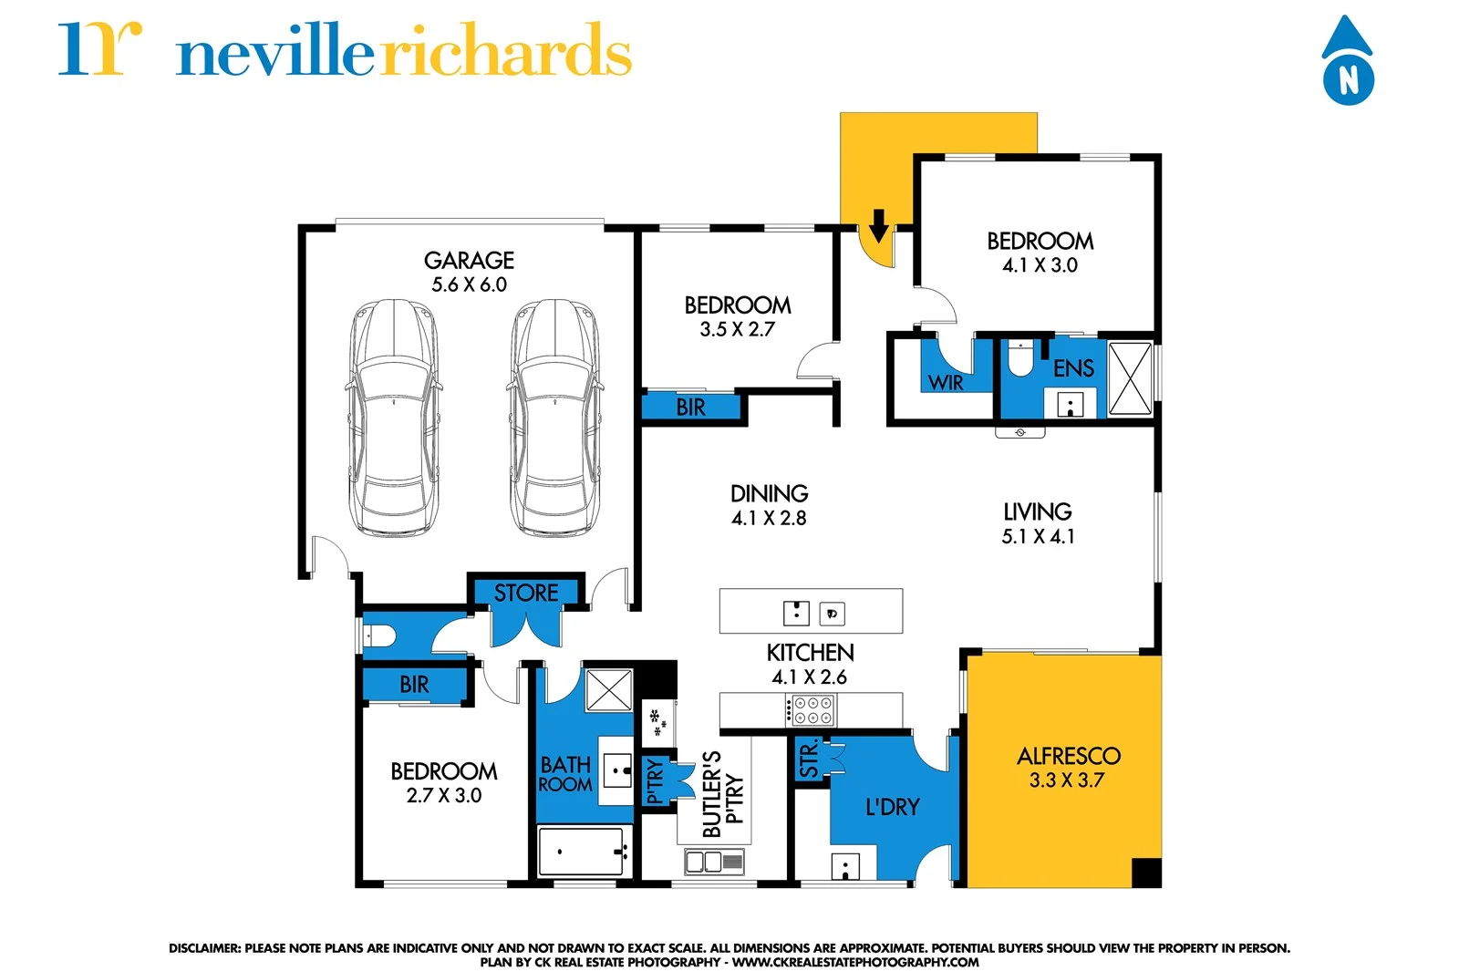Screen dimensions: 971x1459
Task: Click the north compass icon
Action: [x=1348, y=62]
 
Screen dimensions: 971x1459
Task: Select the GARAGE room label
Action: [x=469, y=261]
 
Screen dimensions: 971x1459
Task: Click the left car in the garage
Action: [x=393, y=417]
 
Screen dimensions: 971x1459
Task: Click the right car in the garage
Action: [x=555, y=417]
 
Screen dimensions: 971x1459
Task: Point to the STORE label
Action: [x=526, y=594]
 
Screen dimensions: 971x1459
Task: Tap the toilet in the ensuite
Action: [x=1019, y=359]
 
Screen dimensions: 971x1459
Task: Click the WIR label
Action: [x=946, y=383]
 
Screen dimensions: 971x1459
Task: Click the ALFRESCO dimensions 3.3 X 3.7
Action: [x=1066, y=780]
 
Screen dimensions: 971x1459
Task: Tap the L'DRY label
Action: [x=892, y=807]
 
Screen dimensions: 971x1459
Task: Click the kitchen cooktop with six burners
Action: [x=812, y=710]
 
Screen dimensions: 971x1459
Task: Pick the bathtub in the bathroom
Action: [x=580, y=852]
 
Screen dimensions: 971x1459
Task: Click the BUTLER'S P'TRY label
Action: [x=723, y=793]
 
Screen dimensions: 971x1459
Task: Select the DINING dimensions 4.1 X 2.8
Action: [x=769, y=519]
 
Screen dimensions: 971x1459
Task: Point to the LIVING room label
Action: [x=1038, y=512]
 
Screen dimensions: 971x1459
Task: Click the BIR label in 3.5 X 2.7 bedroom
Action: [x=690, y=408]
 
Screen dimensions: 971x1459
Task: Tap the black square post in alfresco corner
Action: [x=1146, y=873]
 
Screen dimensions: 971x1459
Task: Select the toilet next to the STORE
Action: [x=379, y=635]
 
